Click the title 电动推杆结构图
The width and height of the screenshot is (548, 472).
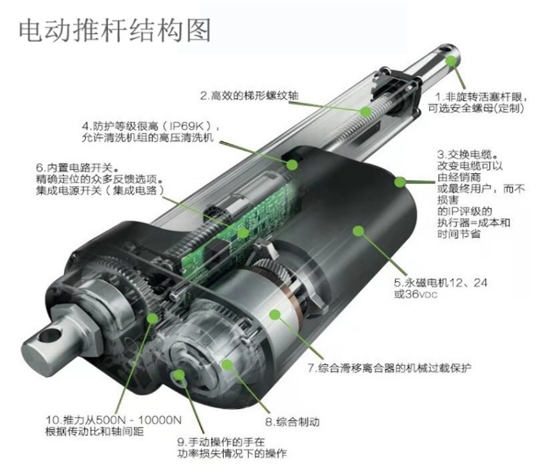pyautogui.click(x=114, y=31)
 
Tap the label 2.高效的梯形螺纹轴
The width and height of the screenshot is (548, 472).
pyautogui.click(x=249, y=95)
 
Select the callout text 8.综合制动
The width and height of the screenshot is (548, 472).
pyautogui.click(x=292, y=422)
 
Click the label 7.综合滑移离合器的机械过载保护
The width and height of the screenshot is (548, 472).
pyautogui.click(x=390, y=368)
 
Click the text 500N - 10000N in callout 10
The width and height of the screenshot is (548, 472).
pyautogui.click(x=139, y=420)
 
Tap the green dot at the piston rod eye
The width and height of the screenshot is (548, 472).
pyautogui.click(x=451, y=61)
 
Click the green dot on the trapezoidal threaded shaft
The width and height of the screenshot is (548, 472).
pyautogui.click(x=366, y=111)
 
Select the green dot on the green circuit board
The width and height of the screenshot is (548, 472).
pyautogui.click(x=243, y=232)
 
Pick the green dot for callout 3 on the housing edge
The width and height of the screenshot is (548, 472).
pyautogui.click(x=400, y=181)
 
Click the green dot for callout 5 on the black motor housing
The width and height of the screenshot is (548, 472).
pyautogui.click(x=358, y=231)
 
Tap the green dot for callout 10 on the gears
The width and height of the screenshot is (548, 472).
pyautogui.click(x=152, y=318)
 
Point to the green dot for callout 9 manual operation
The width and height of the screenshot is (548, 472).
pyautogui.click(x=179, y=375)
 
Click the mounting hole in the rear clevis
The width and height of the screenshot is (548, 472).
pyautogui.click(x=49, y=335)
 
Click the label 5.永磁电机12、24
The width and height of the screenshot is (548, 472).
pyautogui.click(x=440, y=282)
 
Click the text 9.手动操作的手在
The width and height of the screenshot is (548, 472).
pyautogui.click(x=221, y=442)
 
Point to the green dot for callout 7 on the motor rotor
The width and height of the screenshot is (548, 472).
pyautogui.click(x=275, y=315)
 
